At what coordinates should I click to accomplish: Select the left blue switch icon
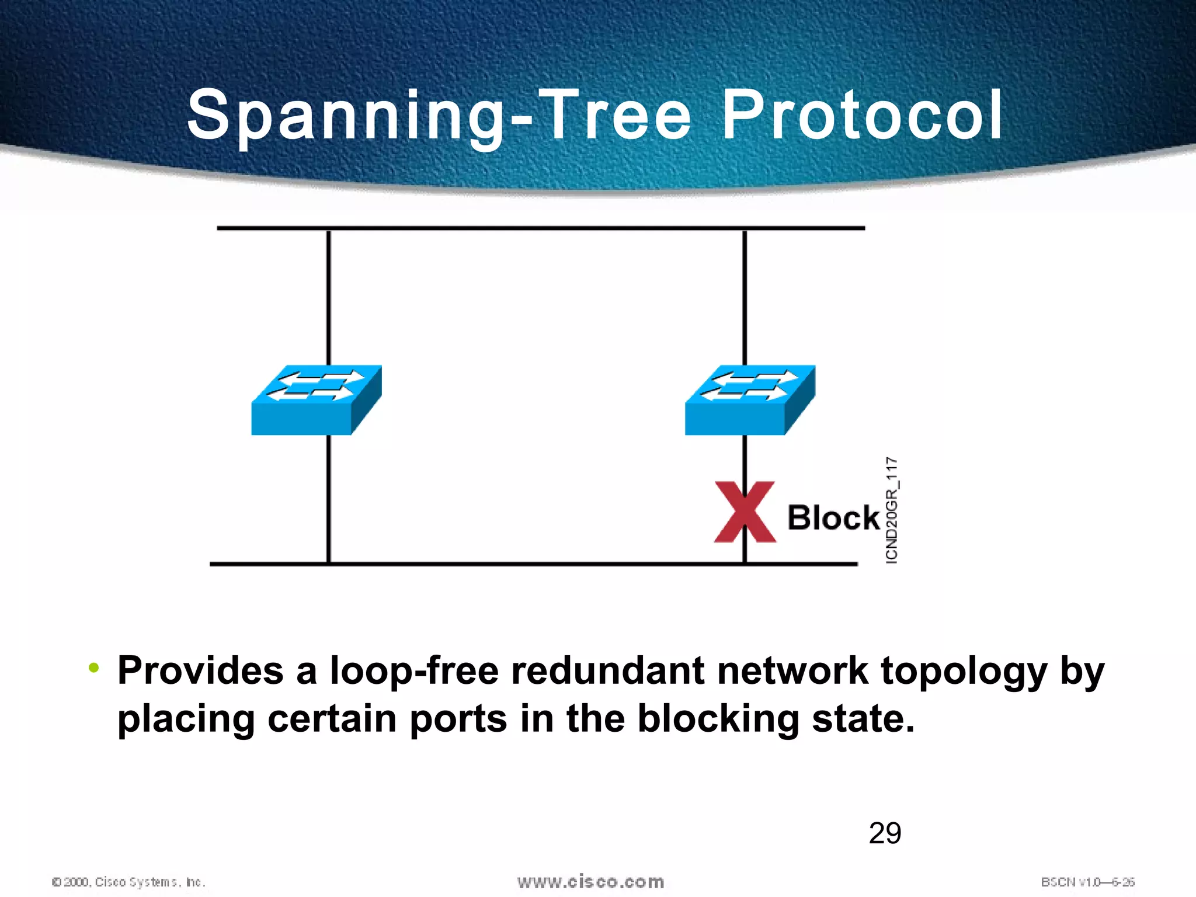(316, 400)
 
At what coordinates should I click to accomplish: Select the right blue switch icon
(750, 400)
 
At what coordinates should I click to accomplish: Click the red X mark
(745, 512)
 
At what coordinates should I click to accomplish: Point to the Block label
(833, 517)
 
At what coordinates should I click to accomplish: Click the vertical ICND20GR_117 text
(892, 510)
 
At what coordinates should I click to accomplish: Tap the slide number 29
(885, 833)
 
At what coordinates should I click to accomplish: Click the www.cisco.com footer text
(590, 881)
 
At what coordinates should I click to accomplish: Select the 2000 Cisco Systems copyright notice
(128, 882)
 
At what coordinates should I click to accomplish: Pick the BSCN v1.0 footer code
(1087, 882)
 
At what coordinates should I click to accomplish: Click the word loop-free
(414, 670)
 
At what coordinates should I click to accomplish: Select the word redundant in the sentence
(607, 670)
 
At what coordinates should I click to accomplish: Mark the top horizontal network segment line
(540, 228)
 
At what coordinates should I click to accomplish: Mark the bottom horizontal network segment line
(533, 564)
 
